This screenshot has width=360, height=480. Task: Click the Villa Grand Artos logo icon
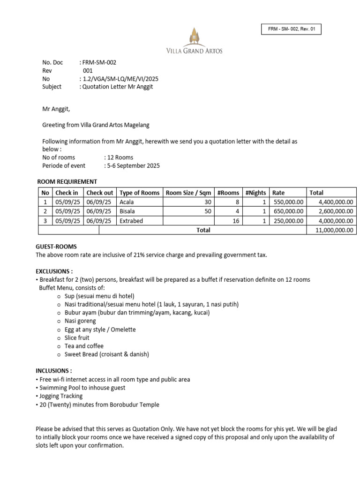coord(194,36)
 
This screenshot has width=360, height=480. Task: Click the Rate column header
coord(278,193)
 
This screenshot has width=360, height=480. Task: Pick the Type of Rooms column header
coord(139,193)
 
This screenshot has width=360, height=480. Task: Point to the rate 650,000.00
coord(288,211)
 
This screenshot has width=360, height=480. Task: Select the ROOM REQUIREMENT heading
coord(67,182)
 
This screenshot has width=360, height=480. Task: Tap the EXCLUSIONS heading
coord(54,271)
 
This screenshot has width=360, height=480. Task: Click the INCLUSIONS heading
coord(54,371)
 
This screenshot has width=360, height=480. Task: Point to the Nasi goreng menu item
coord(80,321)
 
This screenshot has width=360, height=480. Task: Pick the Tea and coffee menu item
coord(84,346)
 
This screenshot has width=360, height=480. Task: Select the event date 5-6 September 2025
coord(132,165)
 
